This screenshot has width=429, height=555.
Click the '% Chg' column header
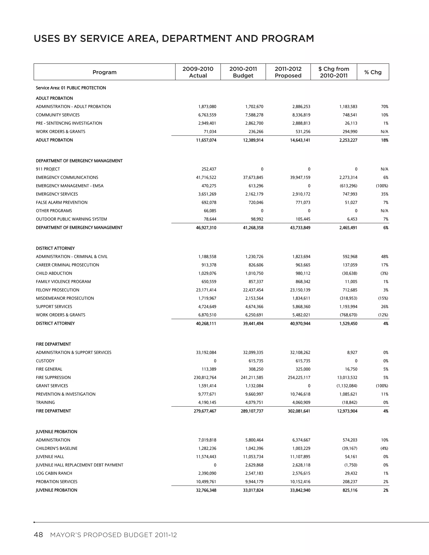click(373, 72)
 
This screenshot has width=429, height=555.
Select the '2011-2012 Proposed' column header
click(288, 72)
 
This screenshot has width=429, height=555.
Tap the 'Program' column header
click(105, 72)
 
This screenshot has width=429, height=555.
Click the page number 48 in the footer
click(38, 535)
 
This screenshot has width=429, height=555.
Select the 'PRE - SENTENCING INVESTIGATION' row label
click(69, 123)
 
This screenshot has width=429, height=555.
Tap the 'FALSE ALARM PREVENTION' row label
click(62, 203)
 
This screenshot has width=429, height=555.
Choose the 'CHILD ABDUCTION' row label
click(54, 274)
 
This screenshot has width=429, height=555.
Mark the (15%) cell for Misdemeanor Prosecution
click(383, 298)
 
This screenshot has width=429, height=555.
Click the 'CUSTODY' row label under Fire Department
click(45, 361)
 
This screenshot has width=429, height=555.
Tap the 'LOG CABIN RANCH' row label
click(54, 474)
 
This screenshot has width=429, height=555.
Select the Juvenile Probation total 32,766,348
click(206, 490)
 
